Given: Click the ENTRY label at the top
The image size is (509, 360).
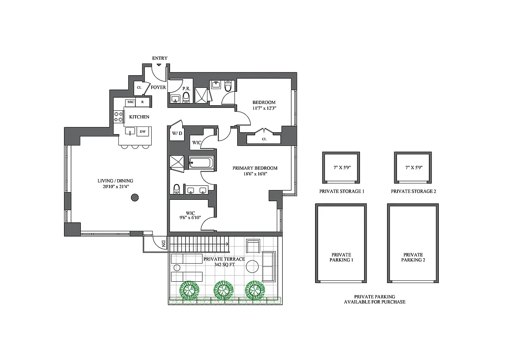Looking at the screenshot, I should [160, 58].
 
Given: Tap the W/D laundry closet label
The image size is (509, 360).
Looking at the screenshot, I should [176, 134].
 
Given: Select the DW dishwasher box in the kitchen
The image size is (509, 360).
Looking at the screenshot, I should [143, 131].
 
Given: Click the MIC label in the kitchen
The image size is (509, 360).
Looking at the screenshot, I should [131, 102].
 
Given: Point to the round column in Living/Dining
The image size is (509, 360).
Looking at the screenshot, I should [134, 197].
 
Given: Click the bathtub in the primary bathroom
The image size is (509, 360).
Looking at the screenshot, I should [201, 162].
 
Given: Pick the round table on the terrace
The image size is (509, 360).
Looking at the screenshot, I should [252, 267].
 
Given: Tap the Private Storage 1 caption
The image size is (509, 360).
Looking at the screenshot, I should [342, 191].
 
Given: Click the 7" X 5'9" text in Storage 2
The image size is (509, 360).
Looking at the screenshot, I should [414, 167].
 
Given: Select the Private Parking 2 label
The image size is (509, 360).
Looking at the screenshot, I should [413, 257].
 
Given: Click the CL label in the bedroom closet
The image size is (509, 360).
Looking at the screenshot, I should [264, 139].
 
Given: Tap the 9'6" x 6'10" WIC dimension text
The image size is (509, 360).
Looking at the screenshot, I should [189, 218].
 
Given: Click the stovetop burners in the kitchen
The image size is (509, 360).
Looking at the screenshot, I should [118, 117].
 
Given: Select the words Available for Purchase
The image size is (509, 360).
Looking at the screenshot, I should [374, 302].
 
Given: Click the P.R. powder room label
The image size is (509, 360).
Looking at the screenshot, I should [185, 89].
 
